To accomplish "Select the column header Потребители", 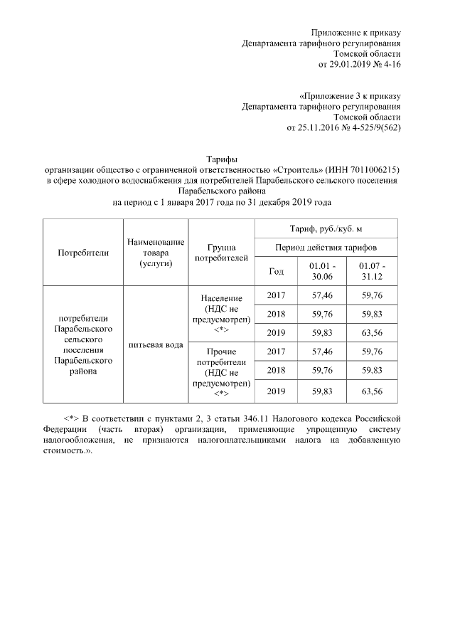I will click(83, 253).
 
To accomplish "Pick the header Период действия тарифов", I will click(327, 247).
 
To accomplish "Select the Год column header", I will click(277, 271).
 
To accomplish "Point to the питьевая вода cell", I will click(155, 346).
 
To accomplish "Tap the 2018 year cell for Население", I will click(277, 314).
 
